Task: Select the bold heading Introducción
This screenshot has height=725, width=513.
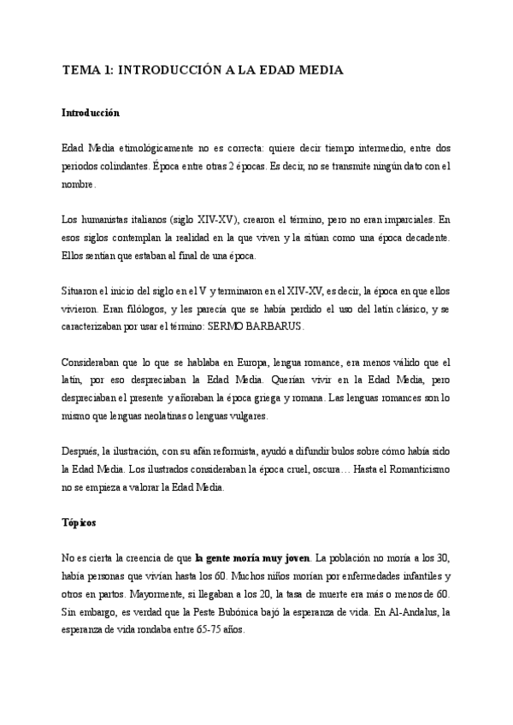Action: (x=91, y=113)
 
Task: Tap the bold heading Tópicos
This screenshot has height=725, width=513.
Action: (x=83, y=520)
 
